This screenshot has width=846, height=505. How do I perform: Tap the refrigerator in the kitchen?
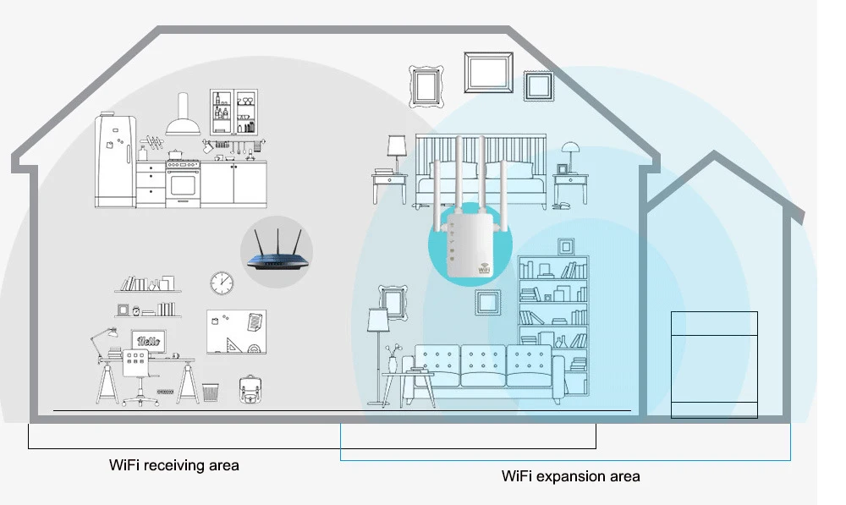[x=113, y=161]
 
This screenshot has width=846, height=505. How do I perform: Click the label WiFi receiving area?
[x=174, y=465]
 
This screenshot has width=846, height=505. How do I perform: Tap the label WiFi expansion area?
[x=571, y=476]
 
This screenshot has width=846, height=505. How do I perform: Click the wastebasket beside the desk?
[x=211, y=392]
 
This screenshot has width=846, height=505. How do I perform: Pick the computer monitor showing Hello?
[x=148, y=340]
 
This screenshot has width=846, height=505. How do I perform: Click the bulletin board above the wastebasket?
[x=236, y=331]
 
